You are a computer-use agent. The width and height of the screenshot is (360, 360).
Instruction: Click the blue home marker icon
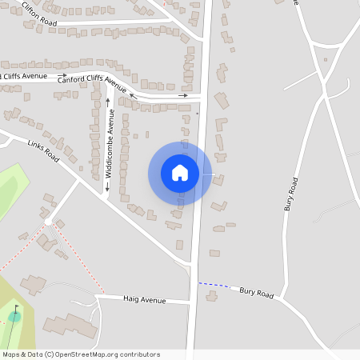[180, 172]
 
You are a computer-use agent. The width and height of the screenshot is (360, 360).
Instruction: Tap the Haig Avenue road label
[144, 300]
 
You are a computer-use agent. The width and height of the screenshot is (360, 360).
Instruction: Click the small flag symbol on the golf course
[16, 310]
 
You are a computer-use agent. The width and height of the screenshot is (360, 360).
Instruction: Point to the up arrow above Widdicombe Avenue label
[107, 102]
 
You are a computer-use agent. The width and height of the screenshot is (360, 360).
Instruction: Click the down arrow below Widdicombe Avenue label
[106, 188]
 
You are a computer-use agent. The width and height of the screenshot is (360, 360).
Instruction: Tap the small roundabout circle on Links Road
[49, 222]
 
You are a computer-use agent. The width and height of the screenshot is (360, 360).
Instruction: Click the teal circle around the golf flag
[14, 317]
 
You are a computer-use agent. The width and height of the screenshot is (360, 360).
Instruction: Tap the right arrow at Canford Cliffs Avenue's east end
[183, 96]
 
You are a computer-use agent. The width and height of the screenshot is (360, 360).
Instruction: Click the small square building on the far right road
[326, 59]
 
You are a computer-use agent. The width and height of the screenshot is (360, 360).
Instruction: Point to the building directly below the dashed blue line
[211, 296]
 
